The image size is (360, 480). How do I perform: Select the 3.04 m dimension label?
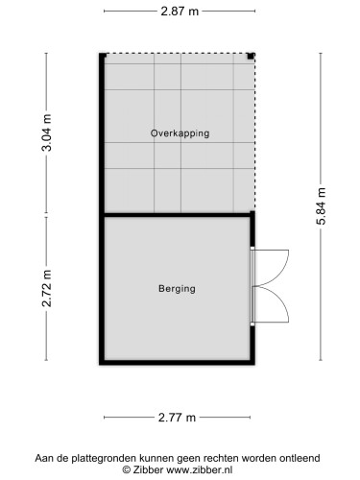[46, 132]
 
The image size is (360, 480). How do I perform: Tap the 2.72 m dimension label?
[46, 289]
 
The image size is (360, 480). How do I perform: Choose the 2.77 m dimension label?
[178, 418]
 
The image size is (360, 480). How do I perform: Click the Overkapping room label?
[180, 133]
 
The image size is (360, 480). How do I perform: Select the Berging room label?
[177, 288]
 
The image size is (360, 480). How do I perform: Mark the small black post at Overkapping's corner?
[251, 57]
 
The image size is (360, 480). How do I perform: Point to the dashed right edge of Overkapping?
[255, 134]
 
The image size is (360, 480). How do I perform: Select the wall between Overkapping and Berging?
[178, 213]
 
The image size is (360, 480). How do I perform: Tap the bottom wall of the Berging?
[178, 363]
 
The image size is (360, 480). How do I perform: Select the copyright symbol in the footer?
[127, 471]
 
